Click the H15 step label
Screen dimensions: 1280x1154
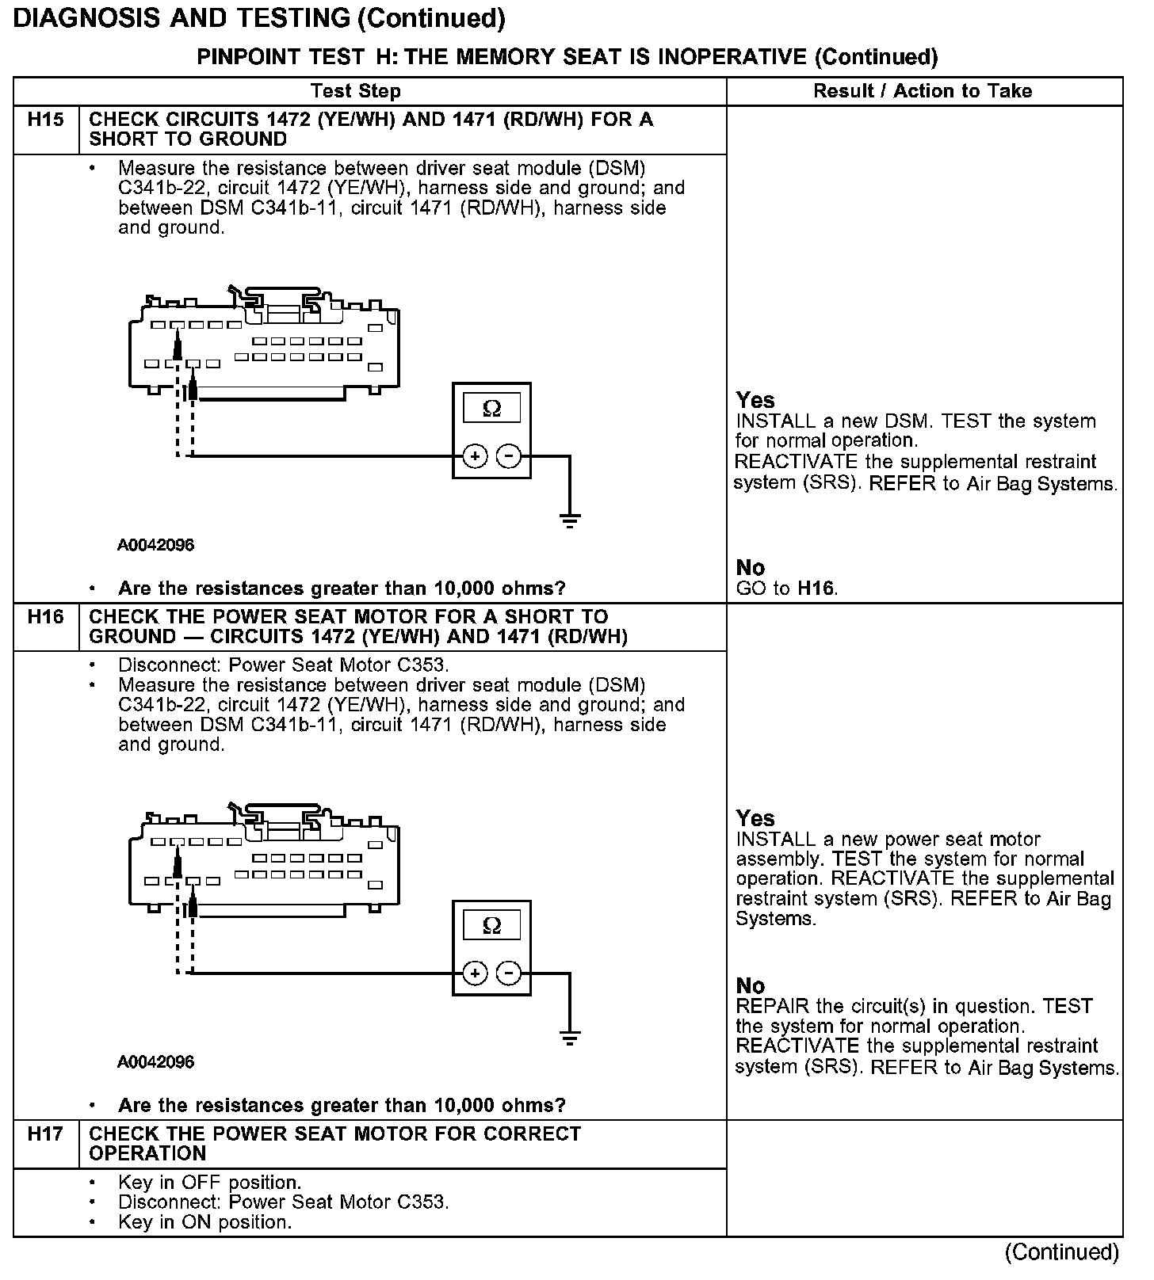[x=45, y=120]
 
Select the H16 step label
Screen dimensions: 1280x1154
[x=45, y=616]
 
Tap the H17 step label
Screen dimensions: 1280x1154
[x=45, y=1133]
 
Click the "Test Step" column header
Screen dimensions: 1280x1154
[x=356, y=91]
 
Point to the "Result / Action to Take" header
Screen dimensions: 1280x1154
[x=923, y=91]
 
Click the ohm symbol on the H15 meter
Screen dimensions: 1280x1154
[x=491, y=409]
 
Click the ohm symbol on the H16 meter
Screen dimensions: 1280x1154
[x=491, y=925]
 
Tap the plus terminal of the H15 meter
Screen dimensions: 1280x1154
[x=474, y=456]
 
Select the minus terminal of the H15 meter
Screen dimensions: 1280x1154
[x=509, y=456]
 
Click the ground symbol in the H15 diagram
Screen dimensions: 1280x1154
[x=569, y=520]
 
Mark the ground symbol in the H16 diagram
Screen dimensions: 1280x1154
[x=569, y=1038]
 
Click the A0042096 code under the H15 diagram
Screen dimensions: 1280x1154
[x=156, y=545]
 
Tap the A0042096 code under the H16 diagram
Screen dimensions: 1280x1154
[x=156, y=1061]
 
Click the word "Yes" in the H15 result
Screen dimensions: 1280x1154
[x=755, y=400]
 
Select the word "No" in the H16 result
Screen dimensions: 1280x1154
[x=750, y=985]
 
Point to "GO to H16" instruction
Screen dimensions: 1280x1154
[x=786, y=588]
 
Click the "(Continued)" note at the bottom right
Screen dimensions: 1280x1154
[x=1061, y=1252]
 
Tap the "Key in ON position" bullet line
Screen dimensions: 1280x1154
[x=204, y=1222]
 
